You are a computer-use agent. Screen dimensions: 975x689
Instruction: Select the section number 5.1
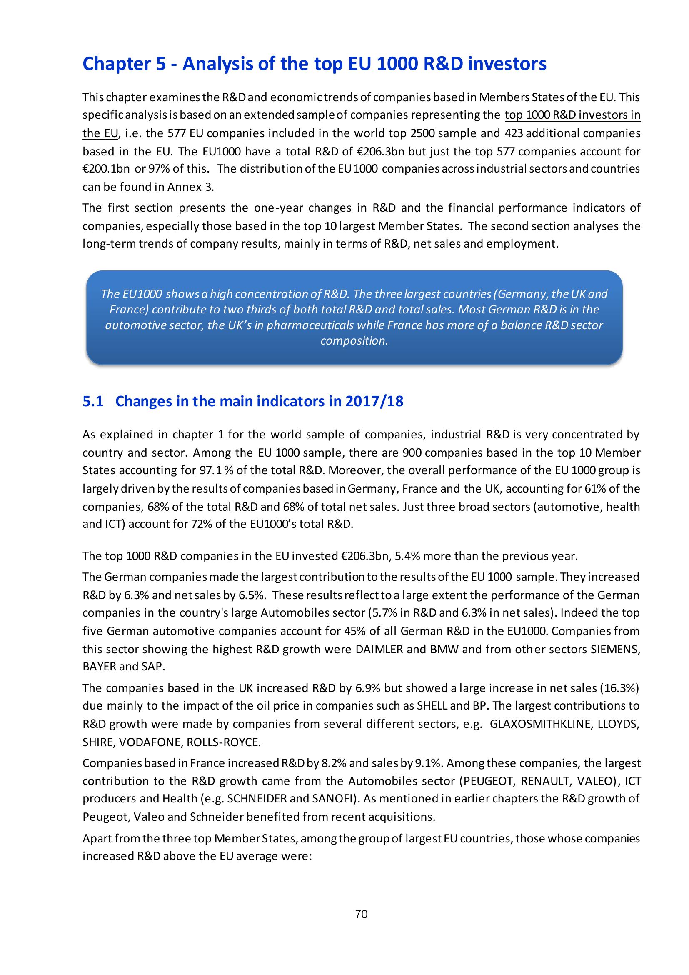(93, 401)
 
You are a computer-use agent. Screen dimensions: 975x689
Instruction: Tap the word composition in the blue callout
(354, 341)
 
